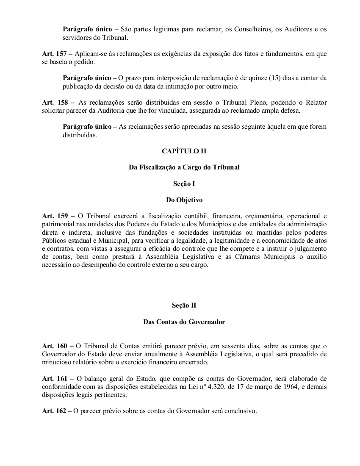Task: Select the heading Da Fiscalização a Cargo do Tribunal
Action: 184,167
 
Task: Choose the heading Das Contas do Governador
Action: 184,322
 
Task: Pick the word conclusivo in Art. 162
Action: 241,411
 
